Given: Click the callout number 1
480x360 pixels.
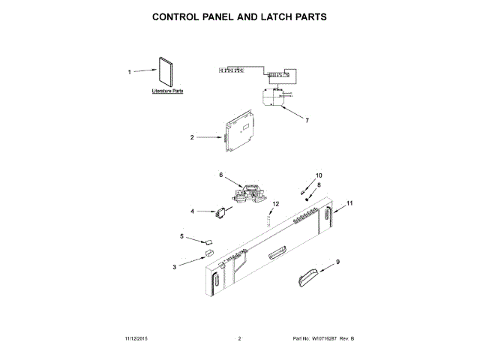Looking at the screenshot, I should [x=129, y=72].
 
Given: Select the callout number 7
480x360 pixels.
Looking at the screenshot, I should [x=307, y=120].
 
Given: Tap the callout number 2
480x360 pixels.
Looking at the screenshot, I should [x=192, y=138].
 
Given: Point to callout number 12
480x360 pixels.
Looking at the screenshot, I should [x=275, y=203].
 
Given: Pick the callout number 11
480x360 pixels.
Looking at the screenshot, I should [x=349, y=204].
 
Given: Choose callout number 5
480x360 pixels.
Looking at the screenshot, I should [x=181, y=236].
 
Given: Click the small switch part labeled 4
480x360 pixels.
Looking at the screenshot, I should [x=223, y=213].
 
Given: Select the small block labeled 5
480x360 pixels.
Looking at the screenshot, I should [x=208, y=242].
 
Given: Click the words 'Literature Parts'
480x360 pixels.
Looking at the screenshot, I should [x=167, y=91].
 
